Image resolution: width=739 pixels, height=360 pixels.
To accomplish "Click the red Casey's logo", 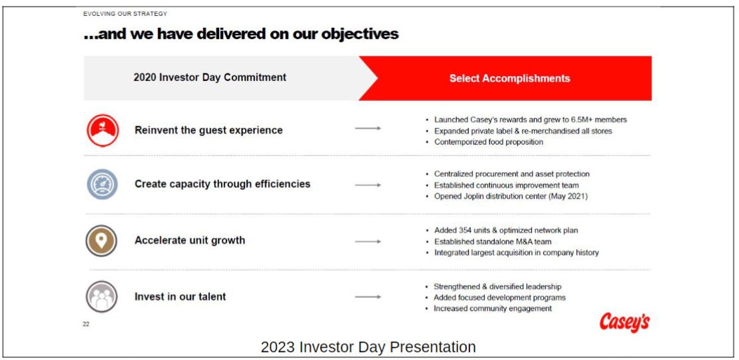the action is click(625, 323).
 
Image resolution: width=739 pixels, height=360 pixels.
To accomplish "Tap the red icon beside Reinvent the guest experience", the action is click(103, 130).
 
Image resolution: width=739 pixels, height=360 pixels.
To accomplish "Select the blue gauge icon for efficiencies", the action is click(102, 184).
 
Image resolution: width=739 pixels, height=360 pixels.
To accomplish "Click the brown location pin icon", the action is click(102, 240).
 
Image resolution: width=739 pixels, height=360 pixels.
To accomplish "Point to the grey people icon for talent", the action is click(102, 297).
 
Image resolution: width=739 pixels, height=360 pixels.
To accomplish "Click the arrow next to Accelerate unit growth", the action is click(368, 241).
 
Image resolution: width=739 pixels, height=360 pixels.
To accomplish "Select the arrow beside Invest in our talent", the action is click(368, 297).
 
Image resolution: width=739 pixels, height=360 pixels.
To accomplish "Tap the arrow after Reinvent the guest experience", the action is click(368, 128).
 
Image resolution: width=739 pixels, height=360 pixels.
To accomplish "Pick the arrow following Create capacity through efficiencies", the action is click(368, 185).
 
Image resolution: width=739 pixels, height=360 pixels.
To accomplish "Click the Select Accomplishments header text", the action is click(509, 78).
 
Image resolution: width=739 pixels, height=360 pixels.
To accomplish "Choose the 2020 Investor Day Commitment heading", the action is click(210, 77).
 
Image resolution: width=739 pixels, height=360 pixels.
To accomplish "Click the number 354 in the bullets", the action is click(464, 230).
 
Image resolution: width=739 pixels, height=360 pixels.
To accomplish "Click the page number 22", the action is click(86, 323).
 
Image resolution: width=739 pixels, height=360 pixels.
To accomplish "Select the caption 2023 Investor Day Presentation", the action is click(368, 347).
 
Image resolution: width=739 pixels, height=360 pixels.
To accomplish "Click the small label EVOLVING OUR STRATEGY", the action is click(125, 14).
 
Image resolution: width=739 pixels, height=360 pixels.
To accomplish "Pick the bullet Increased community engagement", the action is click(493, 309).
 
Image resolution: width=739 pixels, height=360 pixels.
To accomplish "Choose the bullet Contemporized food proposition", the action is click(489, 142).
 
